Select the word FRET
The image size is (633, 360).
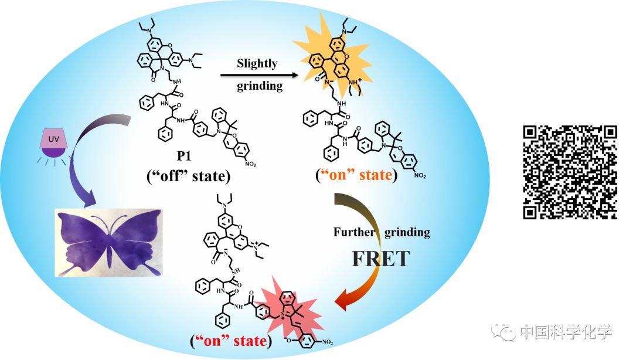pyautogui.click(x=380, y=258)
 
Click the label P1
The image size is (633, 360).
pyautogui.click(x=185, y=158)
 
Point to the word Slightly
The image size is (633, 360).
pyautogui.click(x=257, y=63)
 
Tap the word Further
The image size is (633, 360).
pyautogui.click(x=354, y=232)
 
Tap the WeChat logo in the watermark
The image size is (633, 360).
pyautogui.click(x=505, y=332)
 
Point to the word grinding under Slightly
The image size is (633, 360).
pyautogui.click(x=260, y=87)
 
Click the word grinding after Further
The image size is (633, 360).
pyautogui.click(x=407, y=232)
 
